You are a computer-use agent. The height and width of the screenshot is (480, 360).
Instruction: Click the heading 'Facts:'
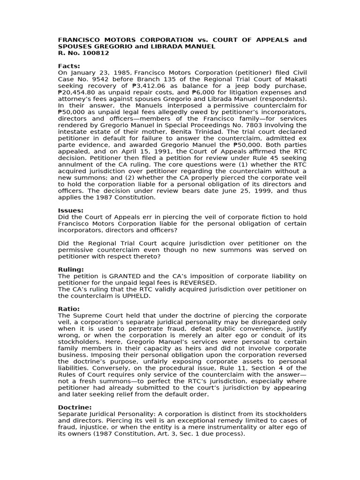(69, 66)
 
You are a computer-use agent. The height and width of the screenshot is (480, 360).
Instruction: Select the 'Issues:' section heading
(70, 210)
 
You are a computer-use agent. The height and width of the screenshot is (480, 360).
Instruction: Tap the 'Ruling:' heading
(71, 270)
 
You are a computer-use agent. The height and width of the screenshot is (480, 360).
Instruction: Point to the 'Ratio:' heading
(69, 309)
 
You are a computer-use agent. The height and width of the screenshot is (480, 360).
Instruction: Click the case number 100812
(96, 53)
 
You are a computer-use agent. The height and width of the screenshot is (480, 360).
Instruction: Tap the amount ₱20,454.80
(78, 92)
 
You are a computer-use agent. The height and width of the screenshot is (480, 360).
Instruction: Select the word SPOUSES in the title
(75, 46)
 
